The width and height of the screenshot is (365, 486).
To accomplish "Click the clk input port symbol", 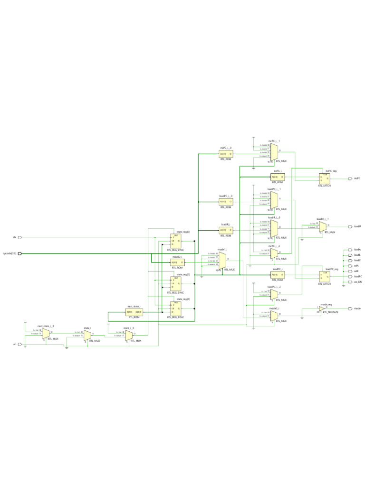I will click(20, 237).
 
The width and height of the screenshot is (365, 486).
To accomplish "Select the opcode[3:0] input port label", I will click(10, 253).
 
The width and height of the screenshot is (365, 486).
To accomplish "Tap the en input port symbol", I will click(20, 344).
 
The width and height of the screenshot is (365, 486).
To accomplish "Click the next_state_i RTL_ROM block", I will click(134, 312).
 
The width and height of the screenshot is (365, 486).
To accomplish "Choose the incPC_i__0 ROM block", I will click(226, 154).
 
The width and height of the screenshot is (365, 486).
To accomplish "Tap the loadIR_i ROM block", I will click(226, 230).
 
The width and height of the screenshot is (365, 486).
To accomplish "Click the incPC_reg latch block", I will click(325, 178).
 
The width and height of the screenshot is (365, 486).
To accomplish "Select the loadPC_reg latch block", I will click(325, 276).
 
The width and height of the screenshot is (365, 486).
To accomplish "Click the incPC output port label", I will click(357, 178).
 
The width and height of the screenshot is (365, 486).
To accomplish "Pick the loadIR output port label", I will click(357, 227).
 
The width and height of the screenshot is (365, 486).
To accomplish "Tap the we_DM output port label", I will click(358, 282).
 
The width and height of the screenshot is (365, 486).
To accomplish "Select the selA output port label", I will click(356, 266).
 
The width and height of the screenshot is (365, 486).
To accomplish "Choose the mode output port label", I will click(357, 308).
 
